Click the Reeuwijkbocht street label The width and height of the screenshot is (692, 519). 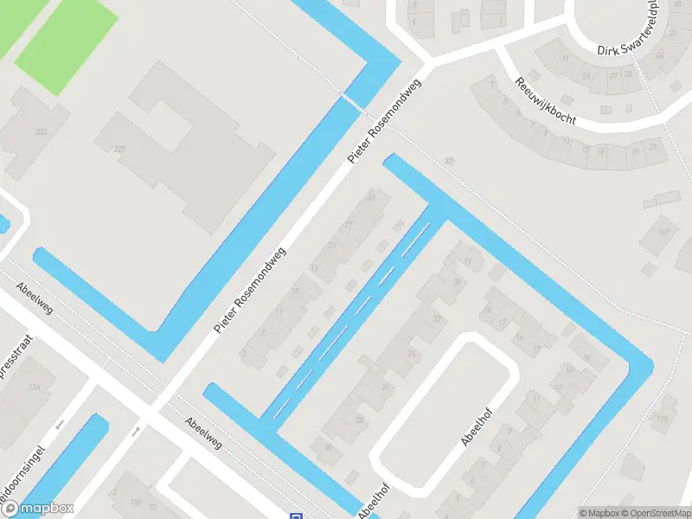pyautogui.click(x=545, y=101)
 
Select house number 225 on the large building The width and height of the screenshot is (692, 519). pyautogui.click(x=119, y=150)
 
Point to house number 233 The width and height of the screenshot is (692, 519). pyautogui.click(x=42, y=131)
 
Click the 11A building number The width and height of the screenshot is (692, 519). pyautogui.click(x=35, y=388)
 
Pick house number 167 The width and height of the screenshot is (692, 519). pyautogui.click(x=663, y=232)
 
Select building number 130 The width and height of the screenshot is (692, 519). pyautogui.click(x=135, y=502)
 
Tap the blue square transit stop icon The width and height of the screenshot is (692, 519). pyautogui.click(x=297, y=516)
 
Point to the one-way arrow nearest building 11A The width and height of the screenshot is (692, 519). pyautogui.click(x=60, y=425)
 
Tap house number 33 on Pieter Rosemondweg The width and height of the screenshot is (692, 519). pyautogui.click(x=372, y=198)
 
